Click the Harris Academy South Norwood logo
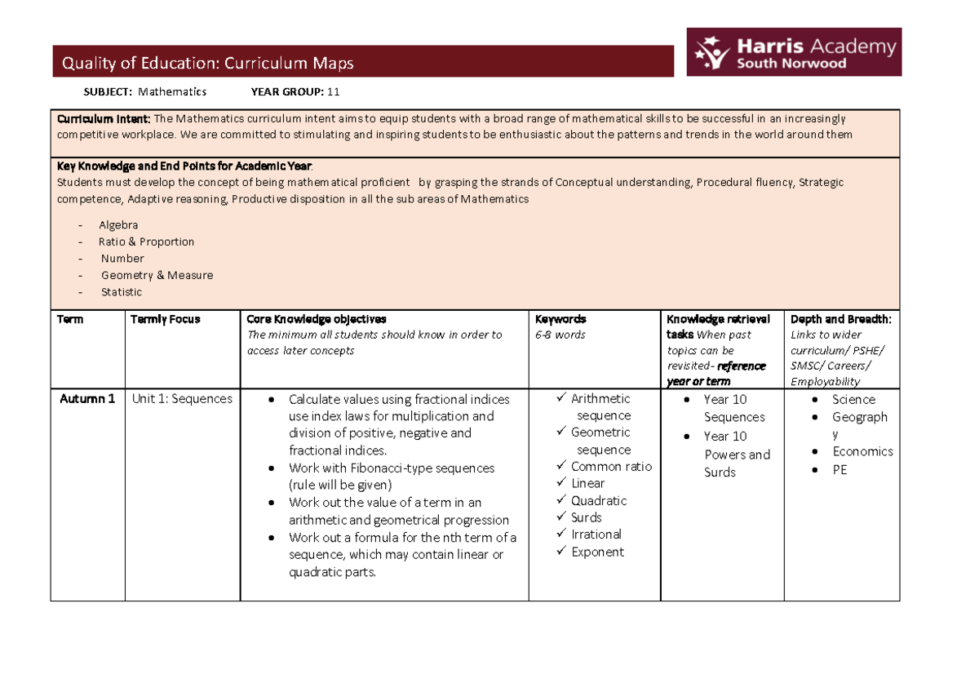794,52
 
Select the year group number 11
333,91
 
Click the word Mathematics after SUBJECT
172,91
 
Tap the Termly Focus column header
165,319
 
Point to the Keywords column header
560,319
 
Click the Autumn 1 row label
87,399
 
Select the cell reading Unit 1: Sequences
182,399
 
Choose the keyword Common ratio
611,467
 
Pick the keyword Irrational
596,535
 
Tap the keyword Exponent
597,552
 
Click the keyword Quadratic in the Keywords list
599,500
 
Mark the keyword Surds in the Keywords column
587,517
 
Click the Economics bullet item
862,451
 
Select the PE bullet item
839,470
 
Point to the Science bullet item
853,400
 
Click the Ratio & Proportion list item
146,242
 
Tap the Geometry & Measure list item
157,275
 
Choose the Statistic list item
121,292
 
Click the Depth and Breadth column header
841,319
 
